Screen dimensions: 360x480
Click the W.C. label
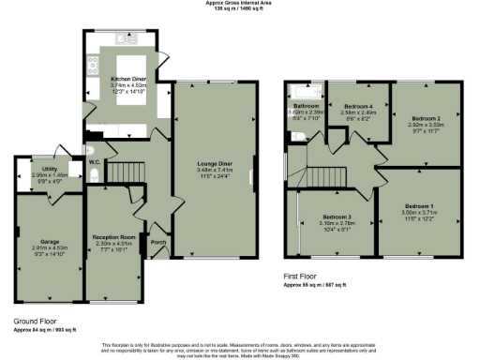[x=95, y=161]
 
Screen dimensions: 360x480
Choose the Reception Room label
[x=113, y=237]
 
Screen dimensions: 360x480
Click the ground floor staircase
[x=125, y=170]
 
